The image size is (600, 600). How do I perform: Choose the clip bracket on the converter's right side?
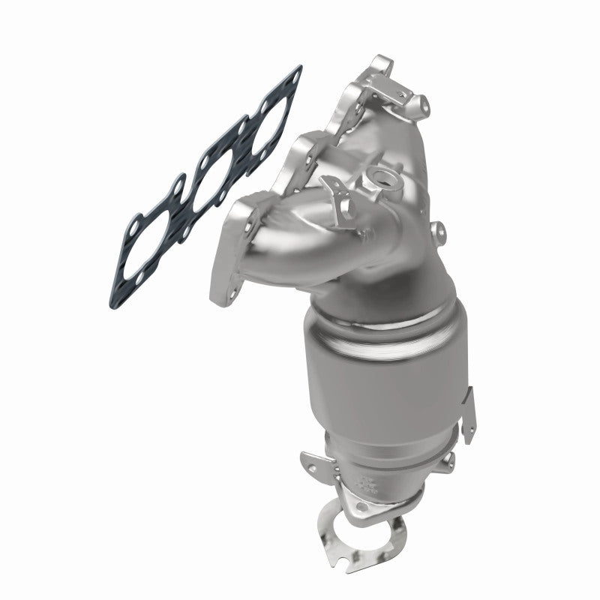[x=466, y=416]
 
